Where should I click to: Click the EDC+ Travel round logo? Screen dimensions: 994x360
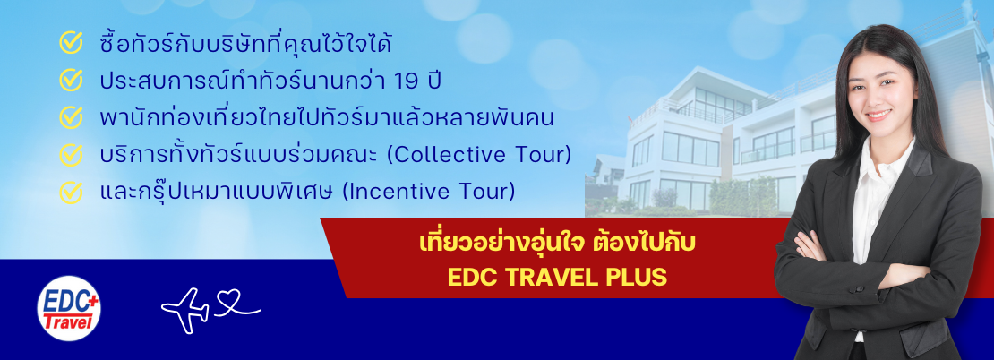pyautogui.click(x=68, y=309)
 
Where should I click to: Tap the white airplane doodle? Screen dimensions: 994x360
pyautogui.click(x=185, y=310)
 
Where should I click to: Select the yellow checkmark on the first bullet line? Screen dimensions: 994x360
pyautogui.click(x=71, y=42)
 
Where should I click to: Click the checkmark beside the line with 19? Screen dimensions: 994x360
pyautogui.click(x=71, y=80)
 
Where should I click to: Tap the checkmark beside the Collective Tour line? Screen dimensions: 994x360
pyautogui.click(x=71, y=155)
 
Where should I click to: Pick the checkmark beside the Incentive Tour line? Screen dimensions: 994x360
pyautogui.click(x=71, y=192)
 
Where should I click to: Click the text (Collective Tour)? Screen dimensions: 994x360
pyautogui.click(x=478, y=155)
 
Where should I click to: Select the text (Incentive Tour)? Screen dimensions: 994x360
pyautogui.click(x=429, y=192)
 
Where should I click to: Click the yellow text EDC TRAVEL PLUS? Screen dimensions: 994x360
pyautogui.click(x=557, y=277)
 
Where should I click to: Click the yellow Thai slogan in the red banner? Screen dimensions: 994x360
pyautogui.click(x=557, y=244)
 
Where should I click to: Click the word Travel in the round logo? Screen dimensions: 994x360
pyautogui.click(x=68, y=321)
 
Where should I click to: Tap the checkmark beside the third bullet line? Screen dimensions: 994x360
pyautogui.click(x=71, y=117)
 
